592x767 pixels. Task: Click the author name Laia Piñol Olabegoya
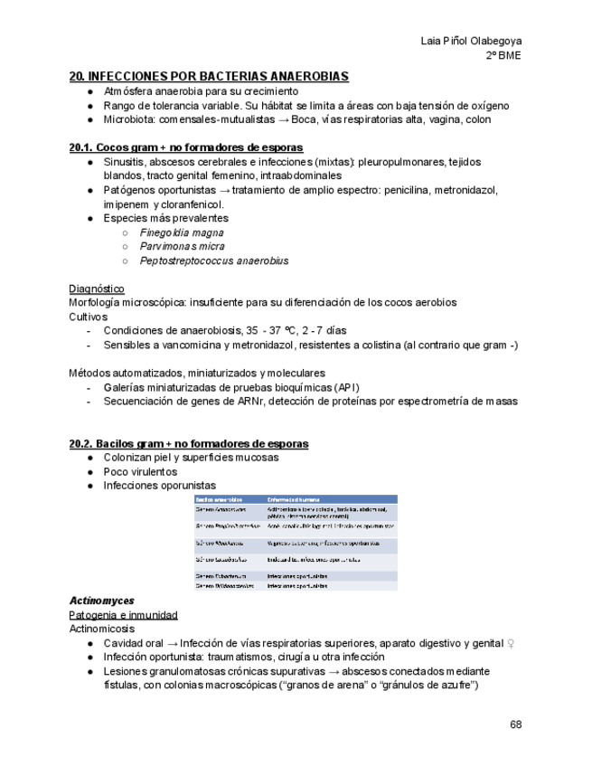pos(471,41)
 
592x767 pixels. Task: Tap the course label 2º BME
pos(503,55)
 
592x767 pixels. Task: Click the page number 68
pos(515,724)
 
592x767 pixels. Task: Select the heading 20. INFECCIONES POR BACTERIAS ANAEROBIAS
pos(209,77)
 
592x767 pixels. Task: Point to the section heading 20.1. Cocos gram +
pos(186,147)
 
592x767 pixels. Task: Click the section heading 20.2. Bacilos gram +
pos(189,443)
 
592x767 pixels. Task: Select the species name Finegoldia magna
pos(182,232)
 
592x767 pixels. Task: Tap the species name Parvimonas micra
pos(182,246)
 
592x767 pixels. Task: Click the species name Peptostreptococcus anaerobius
pos(214,260)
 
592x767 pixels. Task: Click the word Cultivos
pos(88,317)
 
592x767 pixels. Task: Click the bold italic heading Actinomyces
pos(101,601)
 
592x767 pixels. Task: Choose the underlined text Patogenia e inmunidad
pos(123,615)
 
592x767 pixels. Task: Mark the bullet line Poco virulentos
pos(140,471)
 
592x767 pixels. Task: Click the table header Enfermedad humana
pos(292,498)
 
